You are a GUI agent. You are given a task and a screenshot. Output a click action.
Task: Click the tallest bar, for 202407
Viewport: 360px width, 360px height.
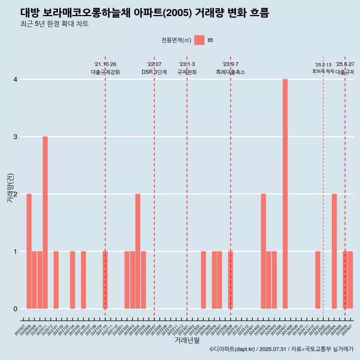(285, 194)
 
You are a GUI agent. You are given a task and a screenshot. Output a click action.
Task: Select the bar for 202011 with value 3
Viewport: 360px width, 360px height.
(45, 222)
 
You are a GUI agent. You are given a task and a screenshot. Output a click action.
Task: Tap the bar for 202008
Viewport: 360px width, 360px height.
(29, 251)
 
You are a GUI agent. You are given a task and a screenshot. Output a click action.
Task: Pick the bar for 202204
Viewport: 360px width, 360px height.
(138, 251)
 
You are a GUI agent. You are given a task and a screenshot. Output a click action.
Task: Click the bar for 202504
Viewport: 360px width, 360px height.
(334, 251)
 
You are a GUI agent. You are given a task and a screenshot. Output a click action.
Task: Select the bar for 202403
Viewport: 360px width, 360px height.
(263, 251)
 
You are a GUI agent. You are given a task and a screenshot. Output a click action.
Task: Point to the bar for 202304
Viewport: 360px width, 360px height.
(203, 280)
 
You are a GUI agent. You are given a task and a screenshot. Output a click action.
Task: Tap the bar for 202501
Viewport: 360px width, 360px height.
(318, 280)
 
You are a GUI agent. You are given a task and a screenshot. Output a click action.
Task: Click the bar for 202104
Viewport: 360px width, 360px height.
(72, 280)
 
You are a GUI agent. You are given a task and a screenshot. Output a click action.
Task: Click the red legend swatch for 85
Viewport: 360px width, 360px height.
(199, 40)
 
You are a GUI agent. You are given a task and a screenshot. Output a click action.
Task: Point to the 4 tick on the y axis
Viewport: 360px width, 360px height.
(16, 79)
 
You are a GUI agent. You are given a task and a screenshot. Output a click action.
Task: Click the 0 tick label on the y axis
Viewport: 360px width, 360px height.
(16, 309)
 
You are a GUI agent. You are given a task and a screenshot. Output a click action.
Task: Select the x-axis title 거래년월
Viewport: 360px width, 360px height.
(187, 340)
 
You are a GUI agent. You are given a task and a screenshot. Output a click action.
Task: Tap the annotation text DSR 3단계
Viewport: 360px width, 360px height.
(154, 72)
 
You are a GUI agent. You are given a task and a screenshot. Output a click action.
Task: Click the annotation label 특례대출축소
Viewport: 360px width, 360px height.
(230, 72)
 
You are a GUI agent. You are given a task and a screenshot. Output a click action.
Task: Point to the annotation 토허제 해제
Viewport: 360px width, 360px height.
(323, 71)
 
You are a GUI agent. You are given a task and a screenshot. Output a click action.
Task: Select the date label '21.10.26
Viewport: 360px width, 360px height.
(105, 64)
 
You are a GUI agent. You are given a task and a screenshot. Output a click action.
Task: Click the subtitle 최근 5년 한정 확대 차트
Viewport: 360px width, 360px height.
(54, 24)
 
